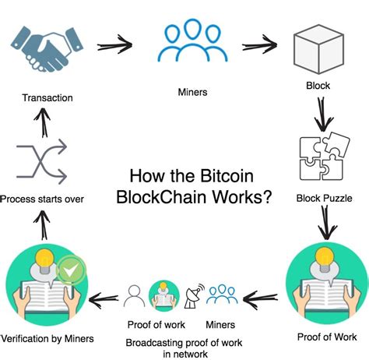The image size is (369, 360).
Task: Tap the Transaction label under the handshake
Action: tap(47, 98)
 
